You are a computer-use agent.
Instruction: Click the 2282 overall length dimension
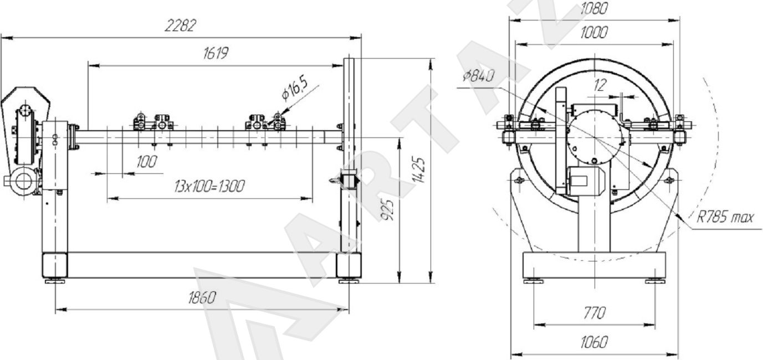tap(180, 25)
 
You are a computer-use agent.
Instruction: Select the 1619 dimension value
tap(216, 53)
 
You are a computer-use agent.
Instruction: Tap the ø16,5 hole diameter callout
tap(295, 88)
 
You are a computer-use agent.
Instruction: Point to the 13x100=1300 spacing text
tap(209, 186)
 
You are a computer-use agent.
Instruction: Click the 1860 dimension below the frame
tap(202, 297)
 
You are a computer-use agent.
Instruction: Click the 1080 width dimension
tap(593, 8)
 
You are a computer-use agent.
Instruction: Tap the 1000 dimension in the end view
tap(593, 32)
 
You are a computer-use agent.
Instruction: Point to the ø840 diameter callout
tap(478, 76)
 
